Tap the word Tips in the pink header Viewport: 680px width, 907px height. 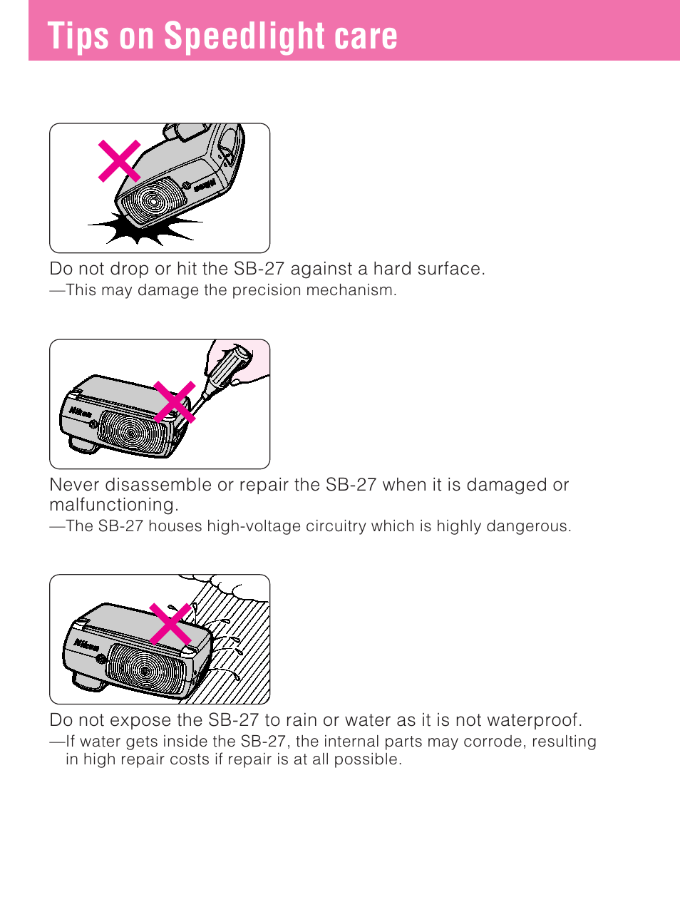pos(78,36)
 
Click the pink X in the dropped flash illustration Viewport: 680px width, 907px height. pos(119,160)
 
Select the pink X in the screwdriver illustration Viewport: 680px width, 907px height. pos(174,401)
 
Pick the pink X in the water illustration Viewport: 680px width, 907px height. pos(170,624)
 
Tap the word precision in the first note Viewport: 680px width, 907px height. pos(267,290)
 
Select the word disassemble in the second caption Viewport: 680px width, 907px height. pos(158,485)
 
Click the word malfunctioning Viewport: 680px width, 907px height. pos(114,505)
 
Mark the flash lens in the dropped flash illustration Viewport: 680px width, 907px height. pos(152,201)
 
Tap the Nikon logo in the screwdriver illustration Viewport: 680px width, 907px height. pos(80,412)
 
